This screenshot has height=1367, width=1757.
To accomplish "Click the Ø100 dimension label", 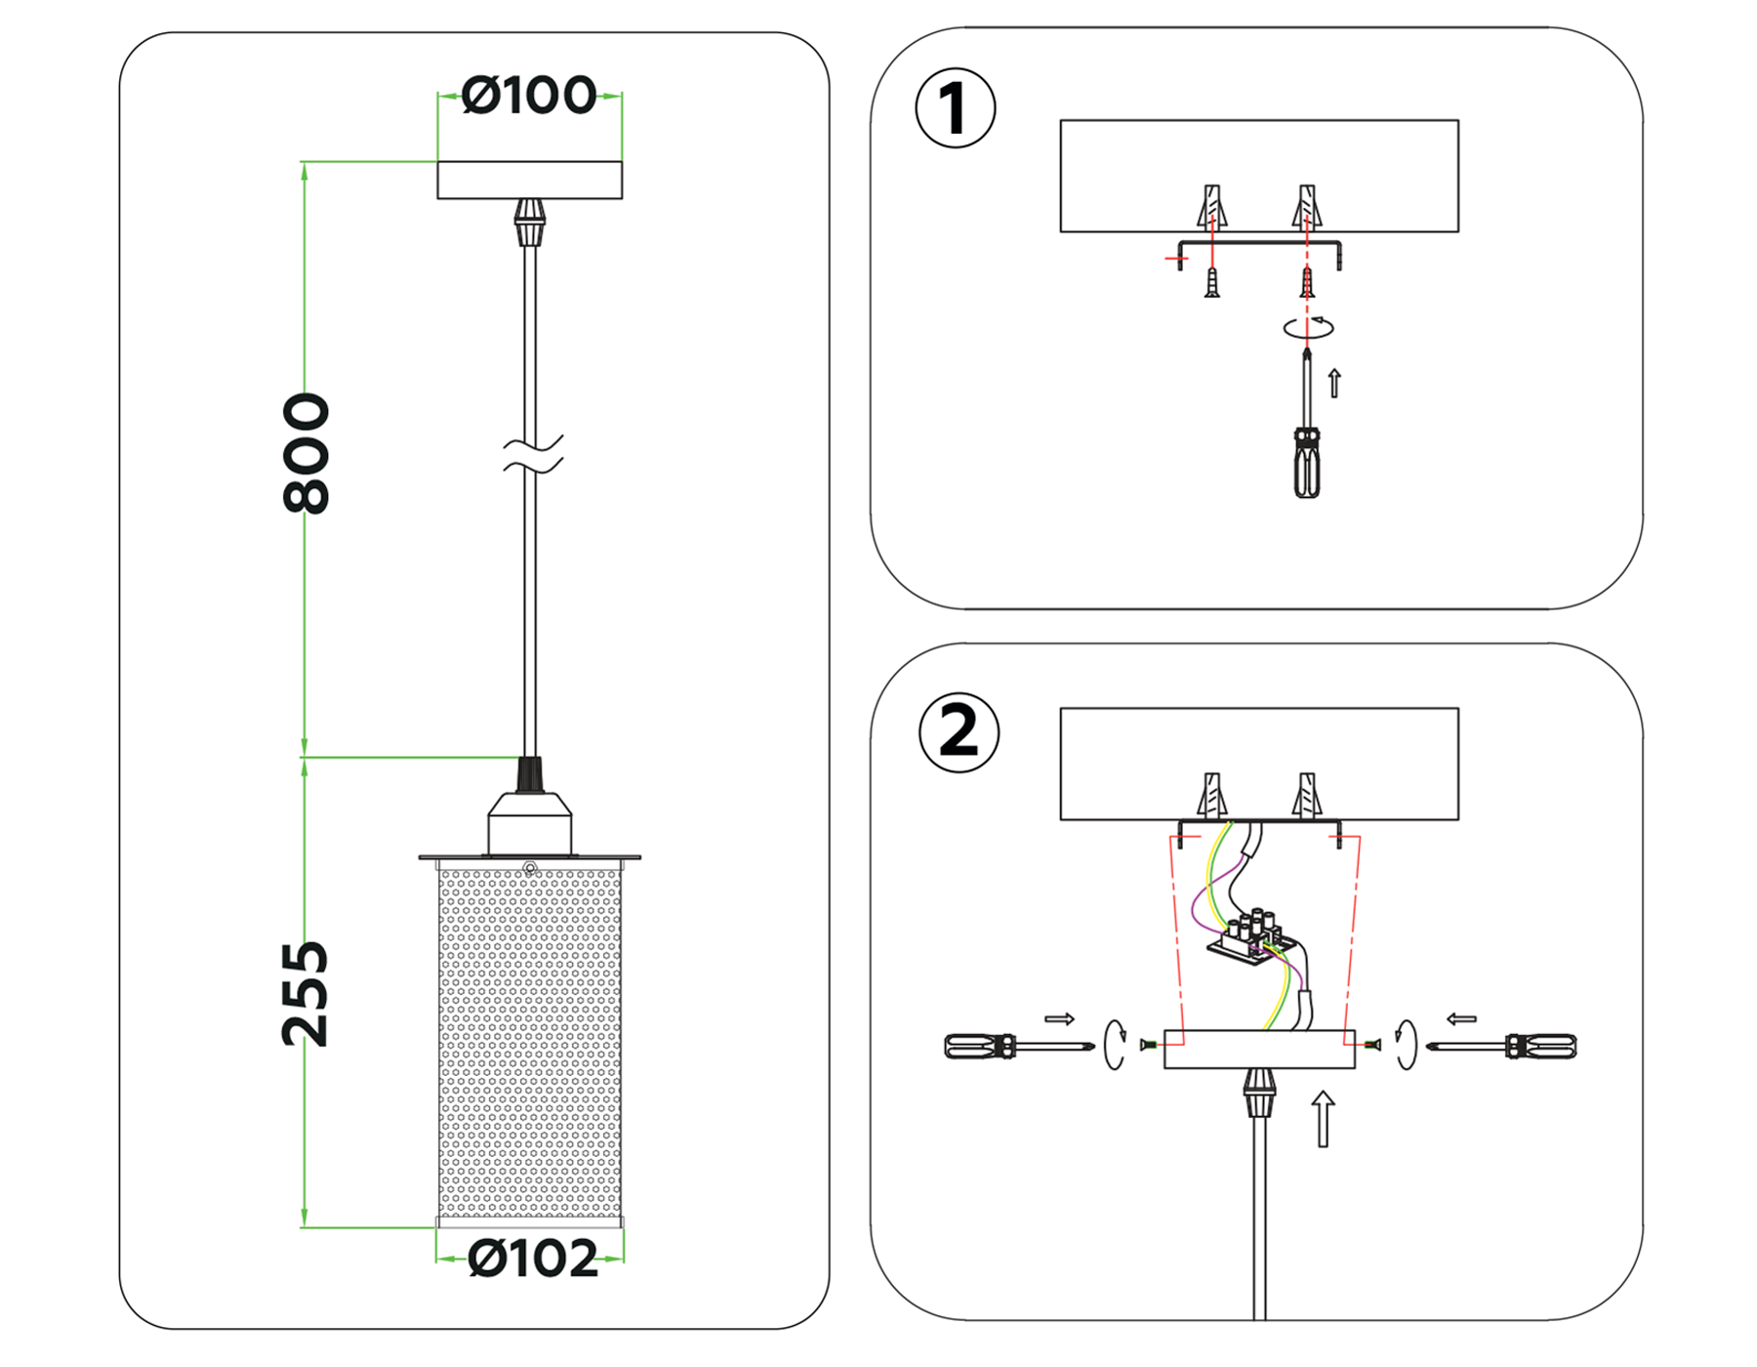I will click(x=528, y=96).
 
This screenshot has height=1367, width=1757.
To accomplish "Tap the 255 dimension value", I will click(x=306, y=994).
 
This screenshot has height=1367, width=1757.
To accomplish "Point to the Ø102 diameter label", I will click(x=532, y=1259).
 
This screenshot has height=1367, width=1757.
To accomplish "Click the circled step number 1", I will click(x=955, y=107).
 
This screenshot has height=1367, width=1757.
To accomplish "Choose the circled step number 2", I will click(x=959, y=732).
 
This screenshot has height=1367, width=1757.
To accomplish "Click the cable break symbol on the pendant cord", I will click(x=532, y=455).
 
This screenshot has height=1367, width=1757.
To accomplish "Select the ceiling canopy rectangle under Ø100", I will click(x=529, y=180).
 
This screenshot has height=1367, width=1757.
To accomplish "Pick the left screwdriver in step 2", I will click(x=1015, y=1047).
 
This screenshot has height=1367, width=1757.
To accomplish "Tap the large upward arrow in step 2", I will click(x=1323, y=1119).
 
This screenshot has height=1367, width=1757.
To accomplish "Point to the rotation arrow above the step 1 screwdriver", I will click(x=1308, y=327).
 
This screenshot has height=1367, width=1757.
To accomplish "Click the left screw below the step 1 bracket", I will click(x=1212, y=283).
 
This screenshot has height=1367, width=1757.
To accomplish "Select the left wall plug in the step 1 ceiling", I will click(x=1212, y=206).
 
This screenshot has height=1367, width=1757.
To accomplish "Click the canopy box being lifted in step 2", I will click(x=1259, y=1050).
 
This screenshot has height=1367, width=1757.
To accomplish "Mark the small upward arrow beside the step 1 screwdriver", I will click(x=1334, y=383).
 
